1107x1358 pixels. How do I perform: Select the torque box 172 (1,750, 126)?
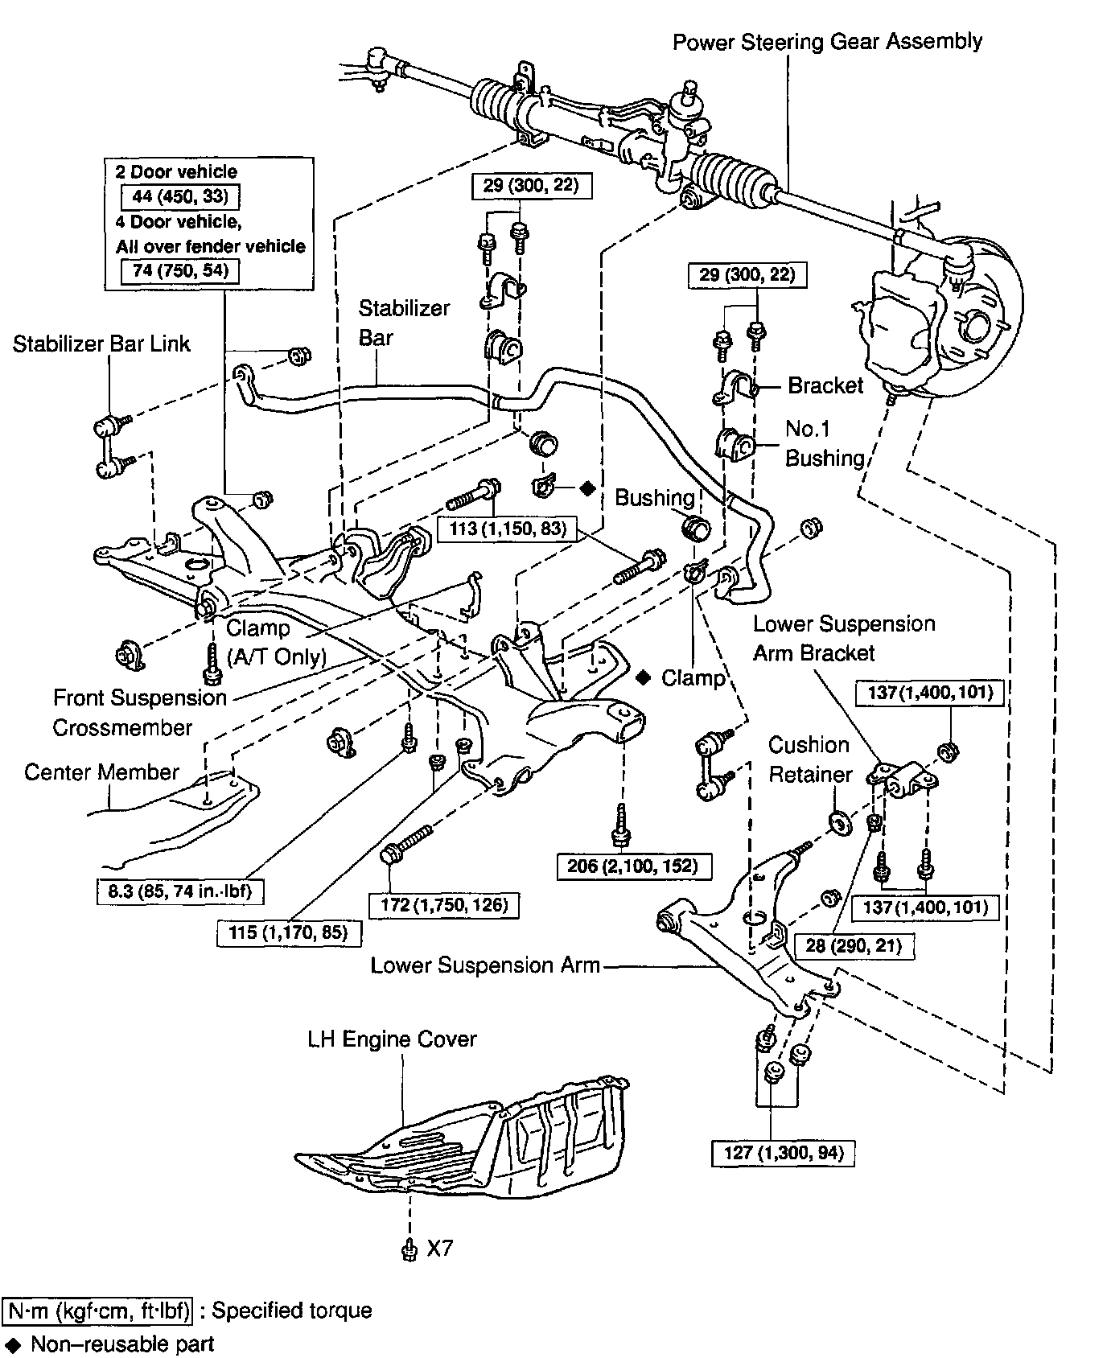point(444,904)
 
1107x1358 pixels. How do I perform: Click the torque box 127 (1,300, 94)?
point(783,1153)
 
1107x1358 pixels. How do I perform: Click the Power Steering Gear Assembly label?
point(827,42)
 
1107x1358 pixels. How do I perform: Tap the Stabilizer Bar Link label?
point(101,344)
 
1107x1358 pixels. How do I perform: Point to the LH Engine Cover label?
point(392,1039)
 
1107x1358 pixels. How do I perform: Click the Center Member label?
point(101,772)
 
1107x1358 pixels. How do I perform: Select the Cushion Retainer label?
point(809,759)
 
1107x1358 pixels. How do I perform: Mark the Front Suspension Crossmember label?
point(140,713)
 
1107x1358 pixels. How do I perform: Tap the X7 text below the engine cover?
point(439,1248)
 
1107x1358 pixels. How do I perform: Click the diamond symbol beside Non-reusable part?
point(14,1344)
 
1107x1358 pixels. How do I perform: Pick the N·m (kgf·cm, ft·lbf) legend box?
point(98,1311)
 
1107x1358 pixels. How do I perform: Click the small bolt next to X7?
point(409,1249)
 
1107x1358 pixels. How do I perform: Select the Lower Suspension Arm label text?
point(485,965)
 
